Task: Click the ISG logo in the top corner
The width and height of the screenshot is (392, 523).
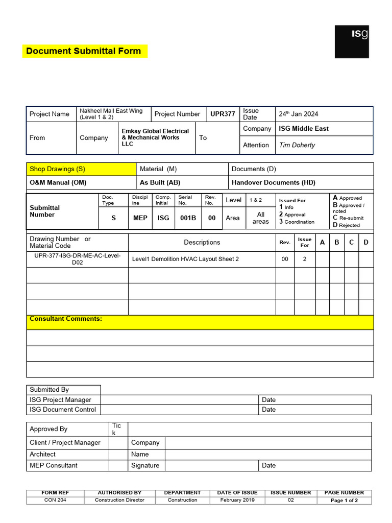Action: (352, 41)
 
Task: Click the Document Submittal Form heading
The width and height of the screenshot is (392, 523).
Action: (84, 51)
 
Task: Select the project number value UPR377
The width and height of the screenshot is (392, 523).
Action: (223, 114)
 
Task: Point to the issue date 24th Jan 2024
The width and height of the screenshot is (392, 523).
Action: (298, 114)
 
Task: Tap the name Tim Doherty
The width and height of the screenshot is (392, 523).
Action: (297, 145)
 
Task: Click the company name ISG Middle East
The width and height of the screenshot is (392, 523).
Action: (304, 129)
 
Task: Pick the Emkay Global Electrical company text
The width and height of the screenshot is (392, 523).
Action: (155, 137)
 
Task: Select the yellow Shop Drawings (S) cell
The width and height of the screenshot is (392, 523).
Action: (58, 169)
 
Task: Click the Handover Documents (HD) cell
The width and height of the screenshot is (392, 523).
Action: (274, 182)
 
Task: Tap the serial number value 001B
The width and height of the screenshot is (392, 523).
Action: (188, 218)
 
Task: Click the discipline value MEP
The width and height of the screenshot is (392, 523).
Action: (140, 218)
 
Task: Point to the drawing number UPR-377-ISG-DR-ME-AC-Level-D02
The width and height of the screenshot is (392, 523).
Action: (77, 259)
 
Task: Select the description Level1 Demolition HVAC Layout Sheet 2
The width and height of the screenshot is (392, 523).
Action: (185, 259)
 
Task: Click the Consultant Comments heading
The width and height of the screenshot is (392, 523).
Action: (66, 319)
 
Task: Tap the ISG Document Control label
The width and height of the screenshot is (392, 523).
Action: (63, 410)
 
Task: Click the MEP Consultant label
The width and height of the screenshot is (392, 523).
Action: (54, 465)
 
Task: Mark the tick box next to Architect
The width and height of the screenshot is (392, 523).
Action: (118, 454)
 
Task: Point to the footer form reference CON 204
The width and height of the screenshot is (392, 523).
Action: (55, 501)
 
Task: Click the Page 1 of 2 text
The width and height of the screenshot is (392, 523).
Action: (344, 501)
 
